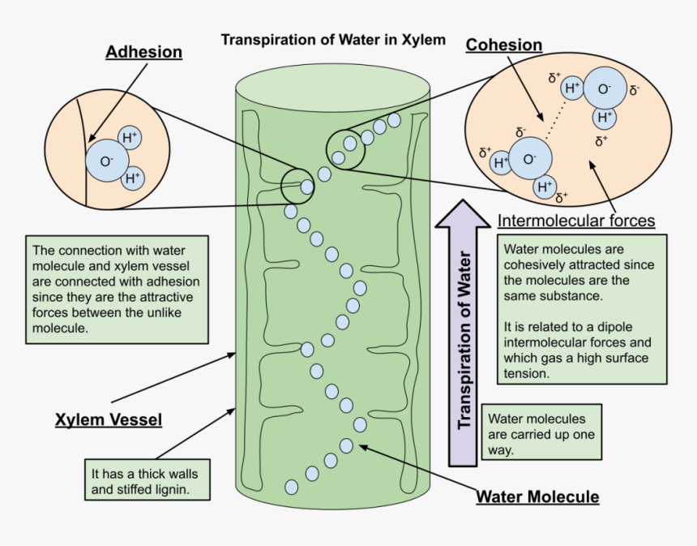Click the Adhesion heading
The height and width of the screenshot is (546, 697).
pyautogui.click(x=143, y=52)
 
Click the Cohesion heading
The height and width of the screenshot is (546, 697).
pyautogui.click(x=503, y=45)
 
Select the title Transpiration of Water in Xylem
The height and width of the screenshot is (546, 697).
pyautogui.click(x=333, y=39)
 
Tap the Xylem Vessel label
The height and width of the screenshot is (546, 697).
pyautogui.click(x=109, y=419)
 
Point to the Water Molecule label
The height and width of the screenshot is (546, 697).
pyautogui.click(x=537, y=497)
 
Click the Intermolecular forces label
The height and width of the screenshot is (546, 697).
pyautogui.click(x=576, y=220)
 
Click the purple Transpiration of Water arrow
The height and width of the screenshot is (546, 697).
pyautogui.click(x=464, y=333)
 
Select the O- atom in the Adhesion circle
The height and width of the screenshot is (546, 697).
pyautogui.click(x=107, y=161)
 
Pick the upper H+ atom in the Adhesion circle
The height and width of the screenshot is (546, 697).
pyautogui.click(x=130, y=137)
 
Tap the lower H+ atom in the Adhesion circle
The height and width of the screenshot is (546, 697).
pyautogui.click(x=132, y=177)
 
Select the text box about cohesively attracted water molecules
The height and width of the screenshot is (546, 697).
pyautogui.click(x=581, y=308)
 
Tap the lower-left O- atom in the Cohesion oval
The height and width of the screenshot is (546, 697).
pyautogui.click(x=530, y=159)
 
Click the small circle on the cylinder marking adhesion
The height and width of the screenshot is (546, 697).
pyautogui.click(x=297, y=187)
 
